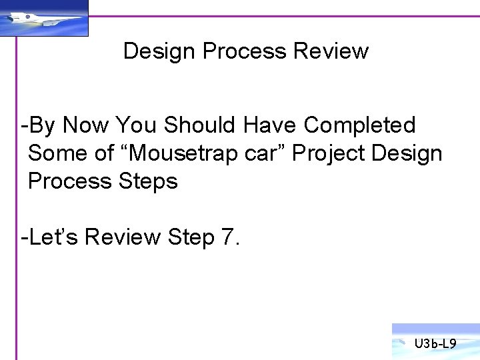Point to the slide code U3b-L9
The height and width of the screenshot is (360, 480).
click(x=435, y=344)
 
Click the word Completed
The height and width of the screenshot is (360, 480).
click(x=359, y=125)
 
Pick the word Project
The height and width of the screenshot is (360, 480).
click(x=329, y=153)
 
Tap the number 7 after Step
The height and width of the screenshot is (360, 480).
click(x=227, y=237)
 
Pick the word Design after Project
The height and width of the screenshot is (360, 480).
click(x=407, y=153)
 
